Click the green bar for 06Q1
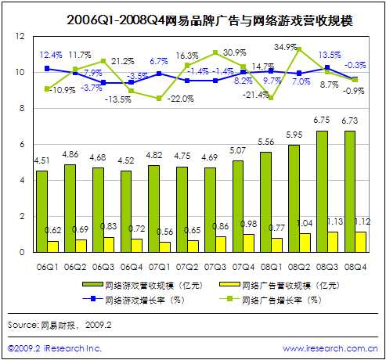point(41,211)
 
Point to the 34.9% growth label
point(285,47)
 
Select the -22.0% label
point(182,98)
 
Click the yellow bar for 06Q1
point(52,247)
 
